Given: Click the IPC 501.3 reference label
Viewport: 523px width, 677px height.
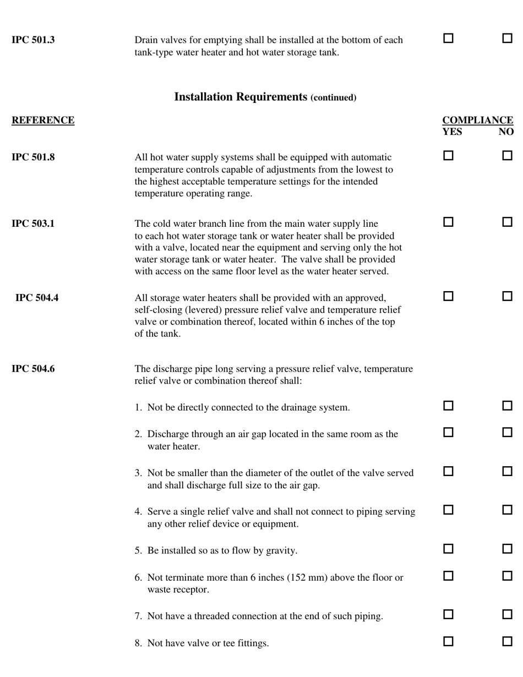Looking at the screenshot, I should point(33,40).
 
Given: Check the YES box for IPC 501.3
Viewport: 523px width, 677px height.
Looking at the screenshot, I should point(448,39).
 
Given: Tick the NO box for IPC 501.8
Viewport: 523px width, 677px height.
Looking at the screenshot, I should point(507,156).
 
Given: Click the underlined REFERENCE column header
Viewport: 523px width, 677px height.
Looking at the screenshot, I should point(43,121).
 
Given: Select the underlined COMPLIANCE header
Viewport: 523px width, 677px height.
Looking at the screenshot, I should point(478,121).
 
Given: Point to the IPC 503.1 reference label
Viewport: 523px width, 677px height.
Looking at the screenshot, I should point(33,223).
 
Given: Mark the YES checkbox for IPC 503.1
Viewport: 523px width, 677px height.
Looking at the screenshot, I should point(448,222).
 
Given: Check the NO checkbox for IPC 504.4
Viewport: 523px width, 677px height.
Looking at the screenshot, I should point(507,296).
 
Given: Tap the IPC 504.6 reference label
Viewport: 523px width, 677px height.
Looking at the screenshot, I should point(33,369).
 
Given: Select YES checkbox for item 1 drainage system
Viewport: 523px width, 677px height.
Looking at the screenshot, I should point(448,406).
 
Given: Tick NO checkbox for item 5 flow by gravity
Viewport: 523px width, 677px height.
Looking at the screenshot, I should point(507,549).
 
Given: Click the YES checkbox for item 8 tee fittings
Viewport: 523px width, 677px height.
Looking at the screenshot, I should point(448,641).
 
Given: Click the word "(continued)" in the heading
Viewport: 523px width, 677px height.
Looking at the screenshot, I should point(334,98).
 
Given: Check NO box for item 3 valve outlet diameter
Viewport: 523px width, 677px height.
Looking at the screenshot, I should point(507,472).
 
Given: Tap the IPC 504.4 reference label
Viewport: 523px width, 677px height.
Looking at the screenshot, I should point(37,298).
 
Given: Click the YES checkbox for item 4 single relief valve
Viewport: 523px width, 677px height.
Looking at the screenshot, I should point(448,510).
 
